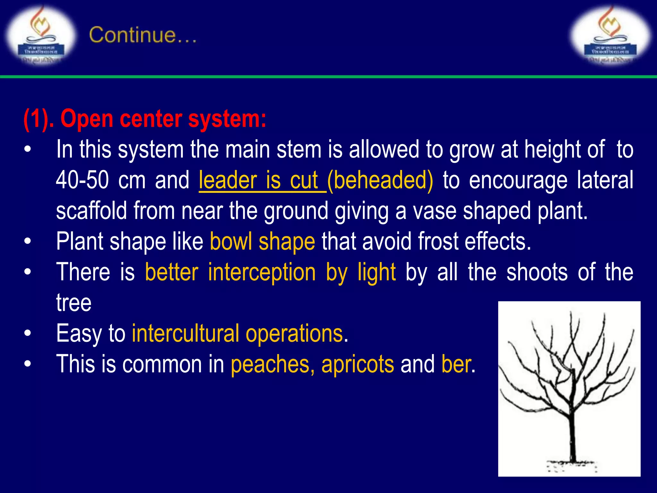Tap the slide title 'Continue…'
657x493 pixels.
[143, 35]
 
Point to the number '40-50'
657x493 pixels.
[82, 180]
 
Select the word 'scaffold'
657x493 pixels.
[91, 211]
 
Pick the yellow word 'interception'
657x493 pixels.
[262, 272]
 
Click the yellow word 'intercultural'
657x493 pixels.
[185, 333]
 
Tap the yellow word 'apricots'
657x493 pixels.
[358, 364]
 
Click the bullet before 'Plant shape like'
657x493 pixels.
[28, 241]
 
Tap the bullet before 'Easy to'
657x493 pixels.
[28, 333]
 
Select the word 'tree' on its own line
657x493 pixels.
[74, 303]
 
